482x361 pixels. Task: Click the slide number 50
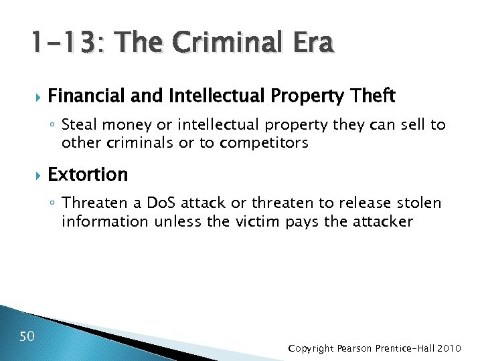(27, 336)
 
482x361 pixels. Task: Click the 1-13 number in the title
(65, 43)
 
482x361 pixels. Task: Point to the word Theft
(372, 96)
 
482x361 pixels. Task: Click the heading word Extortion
(88, 174)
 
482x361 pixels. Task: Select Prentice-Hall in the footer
(410, 348)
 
